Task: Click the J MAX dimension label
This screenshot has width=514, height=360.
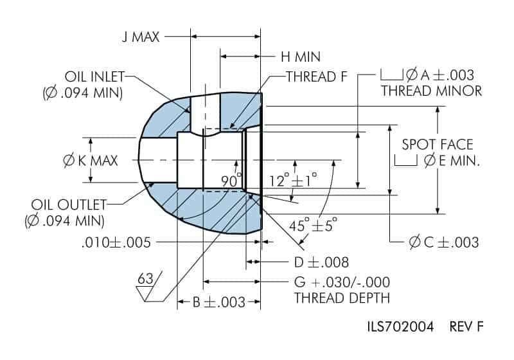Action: (x=141, y=37)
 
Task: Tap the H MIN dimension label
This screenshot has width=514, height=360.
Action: (x=301, y=57)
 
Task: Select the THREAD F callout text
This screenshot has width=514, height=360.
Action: (x=317, y=76)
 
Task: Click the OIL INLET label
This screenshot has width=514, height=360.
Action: (x=94, y=76)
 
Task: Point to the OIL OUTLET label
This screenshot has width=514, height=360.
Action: (x=69, y=204)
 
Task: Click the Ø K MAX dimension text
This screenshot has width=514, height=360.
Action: (x=90, y=161)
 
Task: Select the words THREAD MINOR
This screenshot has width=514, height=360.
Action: (x=431, y=91)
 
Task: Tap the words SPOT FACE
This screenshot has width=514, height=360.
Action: (x=438, y=145)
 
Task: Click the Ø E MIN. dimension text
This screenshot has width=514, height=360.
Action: (x=452, y=161)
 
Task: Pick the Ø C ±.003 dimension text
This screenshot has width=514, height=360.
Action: (x=444, y=242)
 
